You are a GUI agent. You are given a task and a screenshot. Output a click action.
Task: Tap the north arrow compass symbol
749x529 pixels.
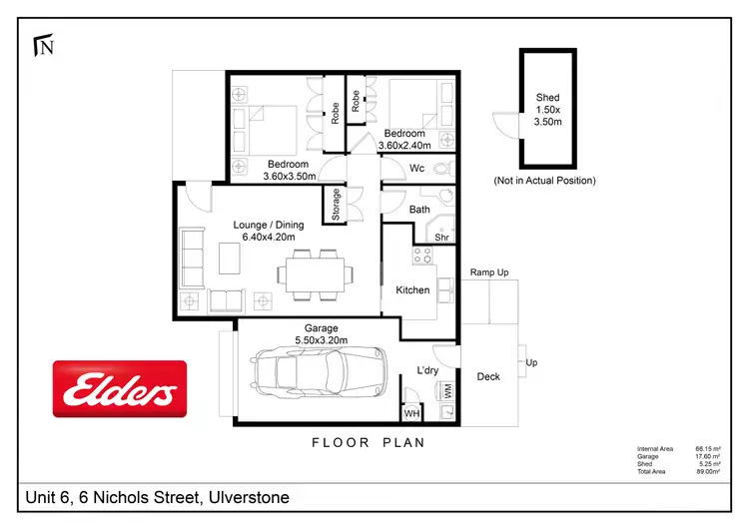[x=43, y=45]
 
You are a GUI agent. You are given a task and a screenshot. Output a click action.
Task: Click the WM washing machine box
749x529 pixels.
[x=446, y=393]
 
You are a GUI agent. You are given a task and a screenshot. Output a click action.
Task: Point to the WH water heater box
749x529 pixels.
[x=411, y=412]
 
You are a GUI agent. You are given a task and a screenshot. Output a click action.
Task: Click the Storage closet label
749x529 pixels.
[x=337, y=205]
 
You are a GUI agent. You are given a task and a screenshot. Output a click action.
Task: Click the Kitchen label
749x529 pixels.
[x=412, y=290]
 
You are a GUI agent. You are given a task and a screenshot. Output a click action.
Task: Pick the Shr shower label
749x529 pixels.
[x=440, y=237]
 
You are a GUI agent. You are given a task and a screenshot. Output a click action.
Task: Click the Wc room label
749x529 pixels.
[x=417, y=169]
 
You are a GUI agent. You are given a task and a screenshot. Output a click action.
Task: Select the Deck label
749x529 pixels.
[x=488, y=376]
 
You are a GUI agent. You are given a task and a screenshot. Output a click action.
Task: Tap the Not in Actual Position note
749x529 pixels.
[x=544, y=181]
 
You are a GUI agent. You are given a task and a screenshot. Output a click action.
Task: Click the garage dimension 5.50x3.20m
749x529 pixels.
[x=322, y=340]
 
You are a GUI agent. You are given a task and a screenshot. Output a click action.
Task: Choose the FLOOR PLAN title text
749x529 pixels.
[x=369, y=441]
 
